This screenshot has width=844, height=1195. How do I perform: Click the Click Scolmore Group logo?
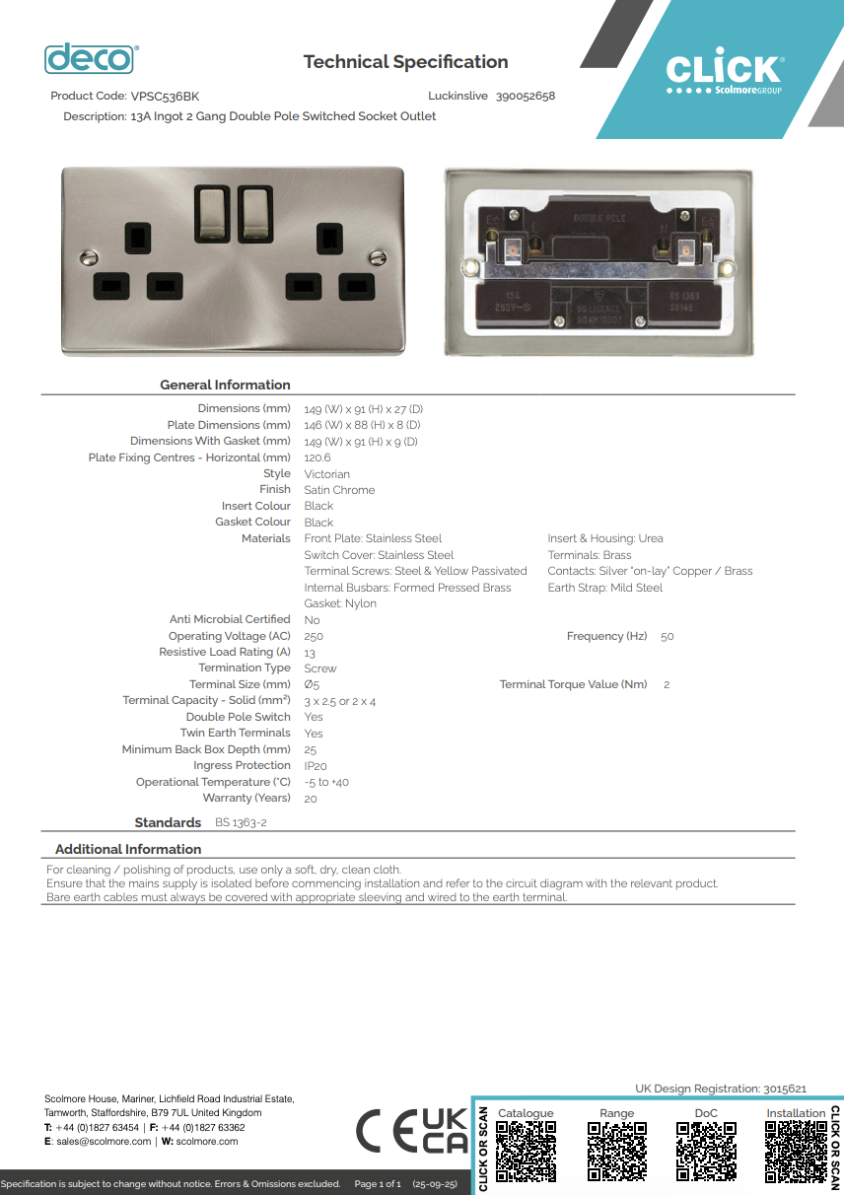coord(724,74)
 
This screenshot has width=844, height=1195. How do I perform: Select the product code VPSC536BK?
coord(165,97)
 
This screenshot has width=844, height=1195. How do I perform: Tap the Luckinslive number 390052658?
coord(526,97)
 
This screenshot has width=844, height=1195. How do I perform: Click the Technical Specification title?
coord(405,62)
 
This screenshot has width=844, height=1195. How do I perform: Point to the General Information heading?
coord(225,385)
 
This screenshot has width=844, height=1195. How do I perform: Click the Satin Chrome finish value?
coord(339,490)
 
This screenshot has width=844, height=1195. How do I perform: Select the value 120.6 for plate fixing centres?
coord(317,457)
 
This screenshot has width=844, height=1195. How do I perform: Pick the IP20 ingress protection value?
coord(316,766)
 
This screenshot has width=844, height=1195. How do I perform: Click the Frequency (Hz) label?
coord(606,636)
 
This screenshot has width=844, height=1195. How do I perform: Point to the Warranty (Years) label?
coord(246,798)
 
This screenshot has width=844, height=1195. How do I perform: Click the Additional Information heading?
coord(128,849)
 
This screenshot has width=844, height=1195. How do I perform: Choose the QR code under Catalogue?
coord(526,1151)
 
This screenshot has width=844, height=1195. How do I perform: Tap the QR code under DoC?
coord(706,1151)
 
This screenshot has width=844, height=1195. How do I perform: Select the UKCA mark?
coord(445,1131)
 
